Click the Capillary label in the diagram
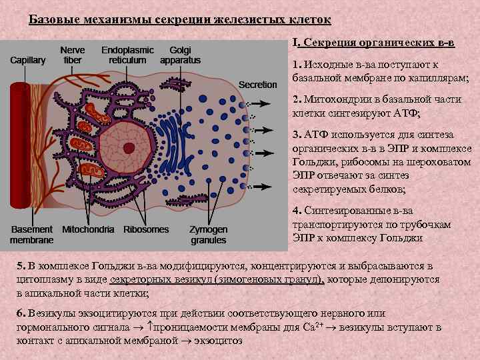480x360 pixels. click(28, 60)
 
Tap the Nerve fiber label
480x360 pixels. click(72, 55)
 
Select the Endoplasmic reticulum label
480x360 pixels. click(127, 55)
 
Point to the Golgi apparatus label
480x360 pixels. click(180, 55)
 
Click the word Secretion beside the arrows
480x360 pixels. click(257, 85)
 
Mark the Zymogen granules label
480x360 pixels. click(208, 234)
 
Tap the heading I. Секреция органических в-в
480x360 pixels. click(374, 43)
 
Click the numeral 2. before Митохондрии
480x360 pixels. click(297, 100)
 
